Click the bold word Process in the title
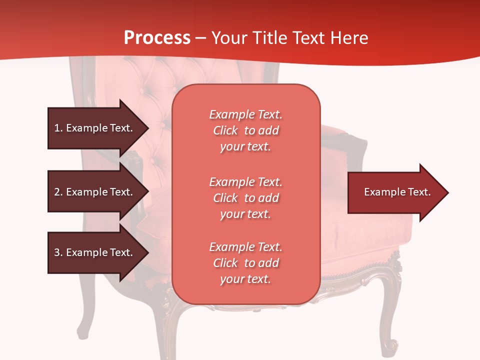(x=157, y=38)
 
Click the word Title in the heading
(x=270, y=38)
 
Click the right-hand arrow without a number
(x=395, y=192)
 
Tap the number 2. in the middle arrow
(x=58, y=192)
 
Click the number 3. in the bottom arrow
(x=58, y=252)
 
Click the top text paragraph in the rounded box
(x=245, y=130)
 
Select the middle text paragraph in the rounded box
(x=245, y=198)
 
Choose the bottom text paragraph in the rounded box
(x=245, y=263)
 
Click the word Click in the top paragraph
(x=225, y=130)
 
